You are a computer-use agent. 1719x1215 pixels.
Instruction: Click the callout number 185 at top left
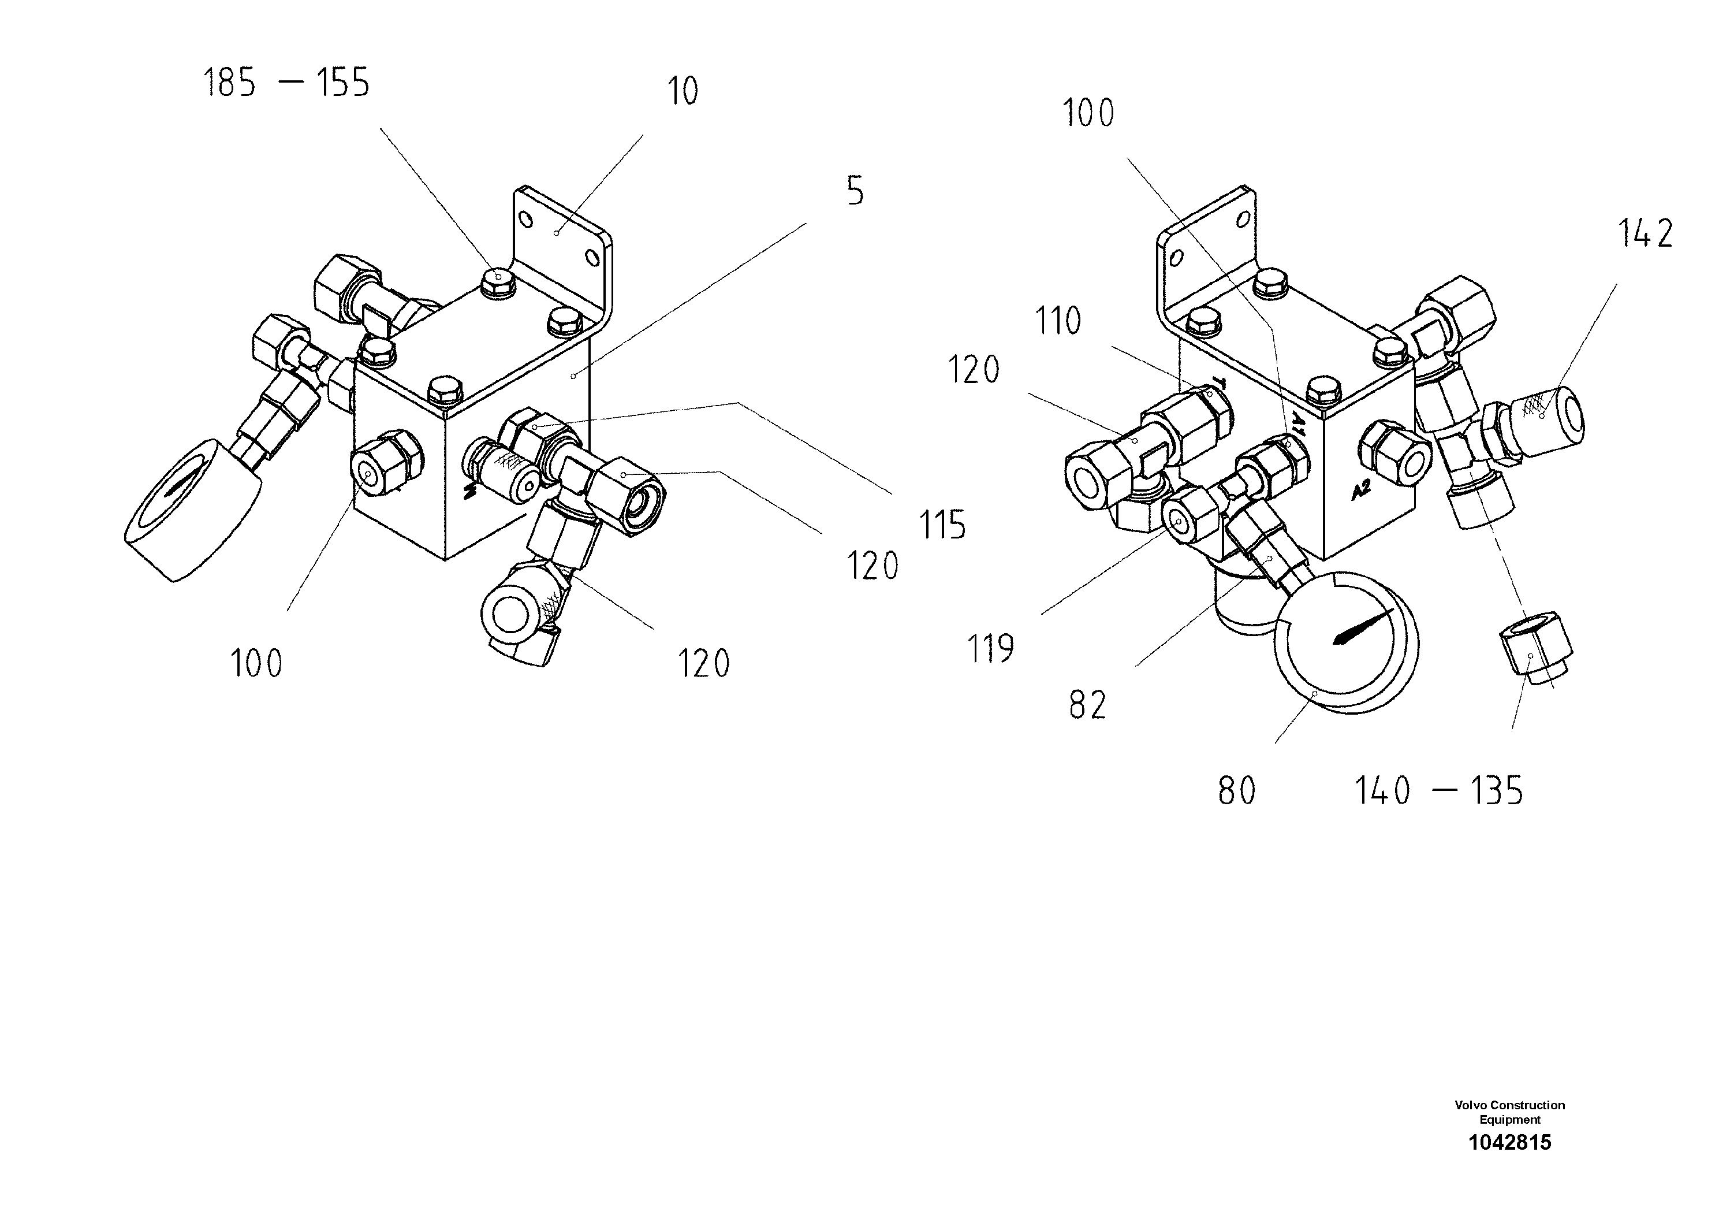[x=230, y=83]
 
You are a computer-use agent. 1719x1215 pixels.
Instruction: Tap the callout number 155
[x=343, y=83]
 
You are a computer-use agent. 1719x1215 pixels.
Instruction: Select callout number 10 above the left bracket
[x=682, y=91]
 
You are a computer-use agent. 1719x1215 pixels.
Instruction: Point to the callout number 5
[x=855, y=192]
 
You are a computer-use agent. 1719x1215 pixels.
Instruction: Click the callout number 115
[x=942, y=525]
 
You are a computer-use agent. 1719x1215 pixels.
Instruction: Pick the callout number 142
[x=1646, y=234]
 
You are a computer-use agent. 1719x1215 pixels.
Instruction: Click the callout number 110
[x=1058, y=321]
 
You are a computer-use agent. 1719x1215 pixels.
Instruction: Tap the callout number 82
[x=1087, y=705]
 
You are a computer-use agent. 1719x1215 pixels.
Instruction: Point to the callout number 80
[x=1237, y=792]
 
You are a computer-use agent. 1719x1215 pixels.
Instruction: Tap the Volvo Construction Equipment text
[x=1509, y=1112]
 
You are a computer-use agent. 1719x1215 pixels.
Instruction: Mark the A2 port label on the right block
[x=1361, y=491]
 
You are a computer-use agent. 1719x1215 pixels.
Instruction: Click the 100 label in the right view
[x=1088, y=114]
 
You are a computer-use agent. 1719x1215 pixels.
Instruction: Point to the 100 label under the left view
[x=256, y=664]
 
